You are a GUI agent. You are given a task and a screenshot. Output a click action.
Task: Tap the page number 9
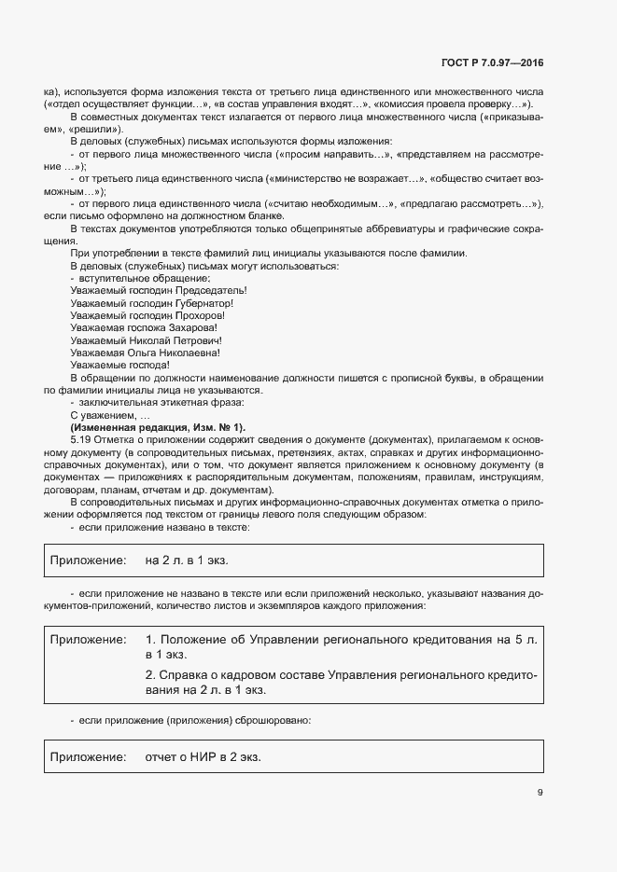[x=540, y=793]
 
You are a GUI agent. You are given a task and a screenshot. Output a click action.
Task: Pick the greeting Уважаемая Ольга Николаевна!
[x=145, y=353]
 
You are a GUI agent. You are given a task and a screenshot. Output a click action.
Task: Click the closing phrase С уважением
[x=103, y=414]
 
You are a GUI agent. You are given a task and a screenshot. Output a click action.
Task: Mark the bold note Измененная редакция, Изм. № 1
[x=157, y=426]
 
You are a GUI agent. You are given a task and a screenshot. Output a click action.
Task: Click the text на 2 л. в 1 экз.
[x=187, y=561]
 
